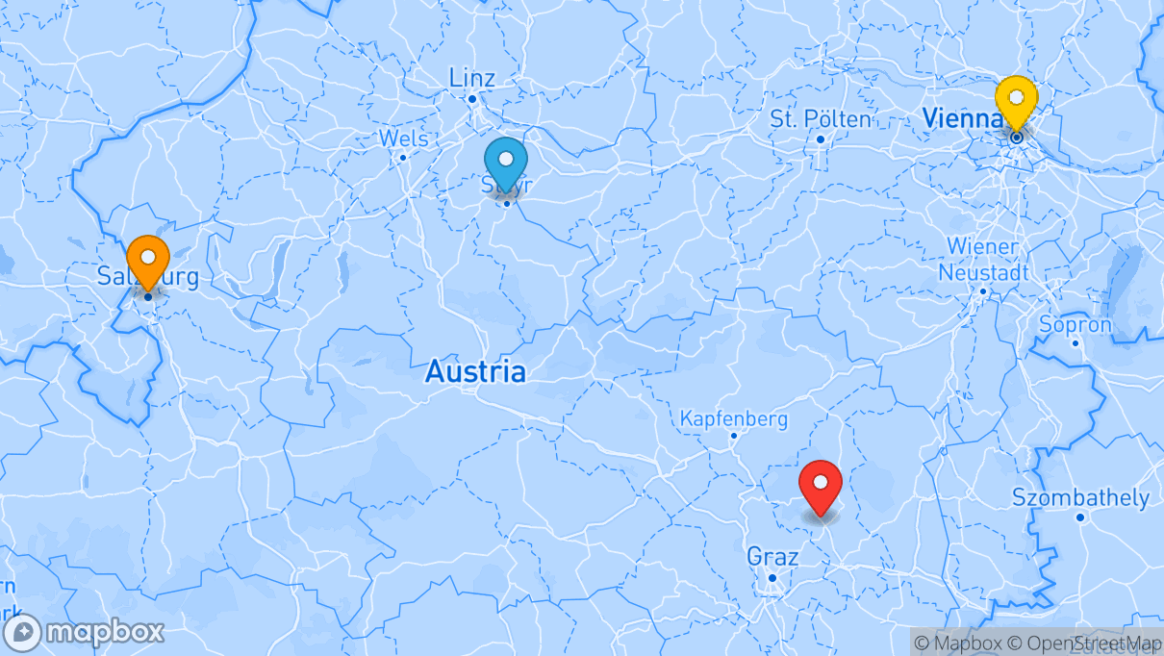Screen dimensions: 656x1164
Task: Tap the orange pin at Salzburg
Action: pyautogui.click(x=148, y=259)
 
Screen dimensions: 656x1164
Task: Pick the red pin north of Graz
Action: pyautogui.click(x=821, y=485)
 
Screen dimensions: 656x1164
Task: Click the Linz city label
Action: pyautogui.click(x=472, y=78)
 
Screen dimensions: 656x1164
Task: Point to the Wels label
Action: pyautogui.click(x=403, y=139)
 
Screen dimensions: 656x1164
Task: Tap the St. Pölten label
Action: pyautogui.click(x=821, y=119)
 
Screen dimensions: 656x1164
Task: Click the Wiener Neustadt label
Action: pyautogui.click(x=982, y=260)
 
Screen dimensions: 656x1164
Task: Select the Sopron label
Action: pyautogui.click(x=1075, y=325)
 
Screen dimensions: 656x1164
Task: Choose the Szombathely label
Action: pyautogui.click(x=1080, y=498)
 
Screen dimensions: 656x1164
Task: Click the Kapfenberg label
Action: pyautogui.click(x=733, y=419)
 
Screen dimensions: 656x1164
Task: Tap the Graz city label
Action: pyautogui.click(x=772, y=557)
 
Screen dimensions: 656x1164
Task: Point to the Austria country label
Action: pyautogui.click(x=476, y=371)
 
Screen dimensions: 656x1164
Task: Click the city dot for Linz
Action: pyautogui.click(x=472, y=99)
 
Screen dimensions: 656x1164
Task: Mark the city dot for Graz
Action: pyautogui.click(x=772, y=578)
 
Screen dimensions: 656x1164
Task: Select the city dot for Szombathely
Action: pyautogui.click(x=1080, y=517)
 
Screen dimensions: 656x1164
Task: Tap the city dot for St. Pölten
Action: pyautogui.click(x=821, y=139)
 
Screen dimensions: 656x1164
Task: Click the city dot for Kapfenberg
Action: pyautogui.click(x=733, y=436)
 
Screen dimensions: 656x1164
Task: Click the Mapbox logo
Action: pyautogui.click(x=84, y=633)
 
